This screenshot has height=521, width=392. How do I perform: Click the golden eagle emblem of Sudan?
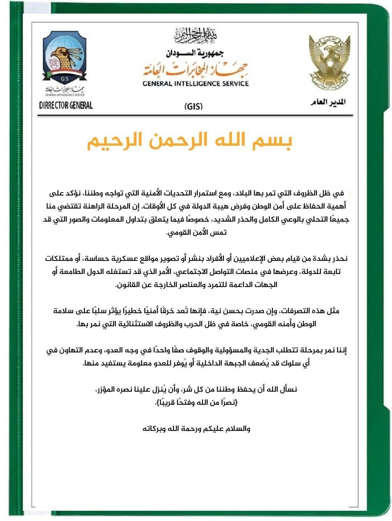click(x=329, y=64)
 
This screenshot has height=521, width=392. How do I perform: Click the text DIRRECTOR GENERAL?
click(x=66, y=105)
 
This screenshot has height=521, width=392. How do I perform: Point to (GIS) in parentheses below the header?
click(x=193, y=106)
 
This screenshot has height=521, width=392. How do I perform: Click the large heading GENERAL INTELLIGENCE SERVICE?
click(x=196, y=84)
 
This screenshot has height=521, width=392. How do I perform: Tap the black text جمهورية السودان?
click(x=195, y=53)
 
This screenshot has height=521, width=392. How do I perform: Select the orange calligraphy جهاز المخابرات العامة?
click(x=196, y=68)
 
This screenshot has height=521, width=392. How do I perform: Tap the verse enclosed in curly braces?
click(x=196, y=402)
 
